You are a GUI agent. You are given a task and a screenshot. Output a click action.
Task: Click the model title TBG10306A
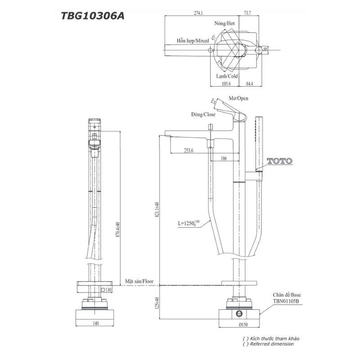pyautogui.click(x=93, y=16)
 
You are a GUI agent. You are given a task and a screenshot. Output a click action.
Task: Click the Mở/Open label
pyautogui.click(x=238, y=98)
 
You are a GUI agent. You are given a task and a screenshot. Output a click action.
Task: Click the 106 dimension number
pyautogui.click(x=224, y=158)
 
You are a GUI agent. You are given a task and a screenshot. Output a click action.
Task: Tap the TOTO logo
pyautogui.click(x=279, y=161)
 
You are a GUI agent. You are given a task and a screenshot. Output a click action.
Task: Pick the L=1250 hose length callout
pyautogui.click(x=189, y=223)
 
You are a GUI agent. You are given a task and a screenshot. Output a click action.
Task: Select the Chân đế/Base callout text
pyautogui.click(x=287, y=293)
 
